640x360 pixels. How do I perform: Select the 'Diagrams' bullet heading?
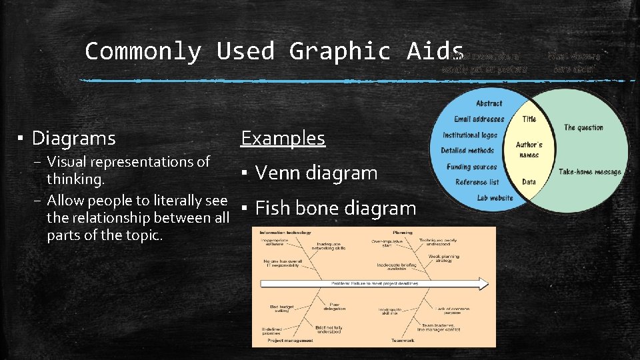(73, 139)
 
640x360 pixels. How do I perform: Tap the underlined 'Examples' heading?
(283, 138)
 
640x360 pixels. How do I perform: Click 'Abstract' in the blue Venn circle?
(489, 103)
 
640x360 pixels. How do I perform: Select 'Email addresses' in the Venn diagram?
(479, 119)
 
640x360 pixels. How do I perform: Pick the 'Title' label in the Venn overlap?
(529, 119)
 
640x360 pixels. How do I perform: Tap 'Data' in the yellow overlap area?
(529, 181)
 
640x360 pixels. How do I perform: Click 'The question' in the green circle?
(583, 127)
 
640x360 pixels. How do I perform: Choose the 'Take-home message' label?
(589, 172)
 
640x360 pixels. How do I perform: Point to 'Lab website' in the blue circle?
(495, 197)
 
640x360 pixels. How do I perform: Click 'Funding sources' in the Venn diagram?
(471, 167)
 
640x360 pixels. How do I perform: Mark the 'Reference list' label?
(477, 182)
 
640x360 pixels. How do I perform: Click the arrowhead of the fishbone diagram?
(483, 284)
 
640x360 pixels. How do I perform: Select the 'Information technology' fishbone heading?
(285, 233)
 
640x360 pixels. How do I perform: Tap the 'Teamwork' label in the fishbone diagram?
(403, 341)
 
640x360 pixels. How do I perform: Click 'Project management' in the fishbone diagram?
(290, 341)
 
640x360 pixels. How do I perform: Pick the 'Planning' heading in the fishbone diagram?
(403, 233)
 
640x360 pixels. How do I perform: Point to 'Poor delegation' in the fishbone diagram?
(335, 306)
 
